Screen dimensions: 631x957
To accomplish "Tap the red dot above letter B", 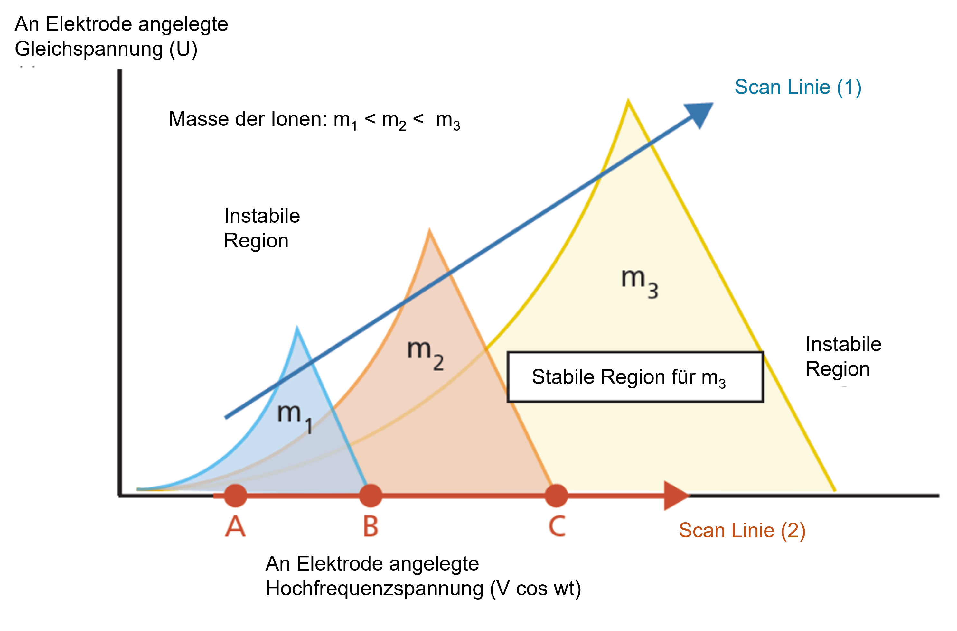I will coord(371,496).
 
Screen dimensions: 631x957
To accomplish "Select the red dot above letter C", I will coord(557,496).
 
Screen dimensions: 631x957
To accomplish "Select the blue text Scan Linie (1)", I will coord(798,87).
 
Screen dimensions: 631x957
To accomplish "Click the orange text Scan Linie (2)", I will coord(742,530).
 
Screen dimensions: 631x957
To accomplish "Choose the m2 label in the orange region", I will coord(425,353).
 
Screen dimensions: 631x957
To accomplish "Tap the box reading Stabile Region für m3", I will coord(635,377).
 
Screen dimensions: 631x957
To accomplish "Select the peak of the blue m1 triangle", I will coord(297,329).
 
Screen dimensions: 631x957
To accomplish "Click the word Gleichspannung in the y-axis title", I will coord(89,49).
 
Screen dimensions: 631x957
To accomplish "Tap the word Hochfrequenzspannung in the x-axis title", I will coord(374,589).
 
